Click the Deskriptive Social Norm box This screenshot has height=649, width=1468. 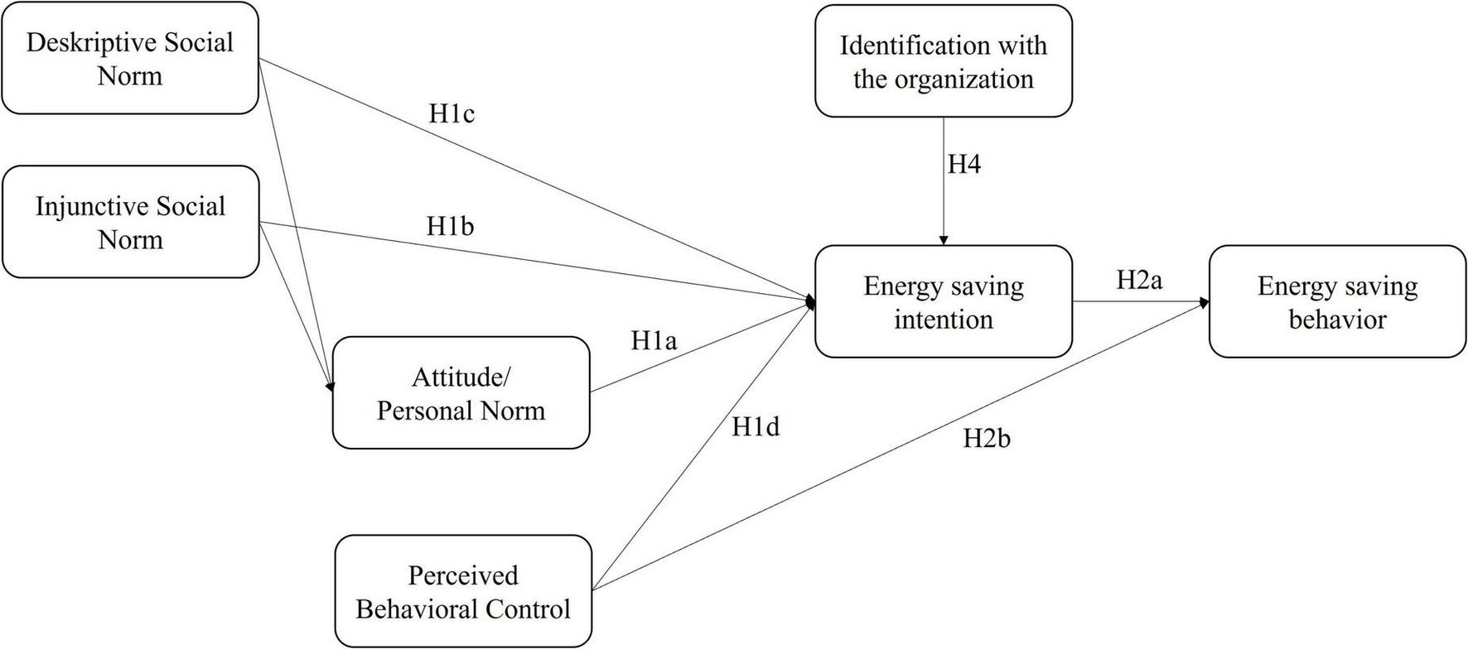(x=130, y=58)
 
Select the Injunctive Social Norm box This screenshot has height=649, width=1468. (x=130, y=222)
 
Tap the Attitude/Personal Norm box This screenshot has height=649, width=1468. (x=461, y=393)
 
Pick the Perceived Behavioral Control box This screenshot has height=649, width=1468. (x=463, y=592)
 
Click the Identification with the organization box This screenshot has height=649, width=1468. (x=943, y=61)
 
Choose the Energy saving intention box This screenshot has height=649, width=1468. (x=943, y=302)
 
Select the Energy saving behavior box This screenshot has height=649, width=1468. (x=1337, y=302)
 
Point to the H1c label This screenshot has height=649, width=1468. (x=452, y=114)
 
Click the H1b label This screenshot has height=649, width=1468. (x=450, y=226)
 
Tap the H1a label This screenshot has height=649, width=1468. (x=654, y=340)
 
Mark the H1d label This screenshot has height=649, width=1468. (x=756, y=427)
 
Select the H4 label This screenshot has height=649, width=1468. (x=964, y=165)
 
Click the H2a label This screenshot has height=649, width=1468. (x=1139, y=281)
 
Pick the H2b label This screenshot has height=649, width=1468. (x=986, y=439)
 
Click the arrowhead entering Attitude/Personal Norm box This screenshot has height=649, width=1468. (x=331, y=387)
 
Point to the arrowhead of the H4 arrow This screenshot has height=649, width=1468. (x=943, y=241)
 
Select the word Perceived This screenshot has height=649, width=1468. (x=462, y=575)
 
